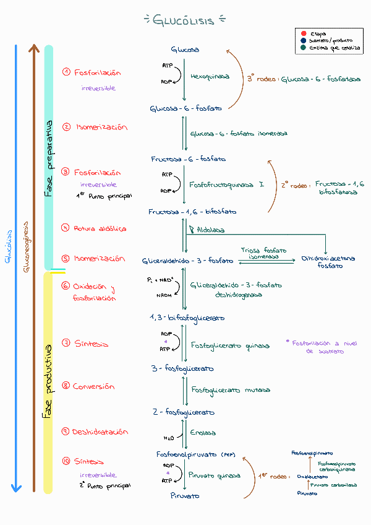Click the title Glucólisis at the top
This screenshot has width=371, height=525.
click(184, 20)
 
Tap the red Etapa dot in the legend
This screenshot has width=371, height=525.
click(303, 33)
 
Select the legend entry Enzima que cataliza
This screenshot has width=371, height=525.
click(336, 48)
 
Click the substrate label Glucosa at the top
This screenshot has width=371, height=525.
click(185, 49)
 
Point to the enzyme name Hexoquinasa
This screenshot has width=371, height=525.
click(210, 77)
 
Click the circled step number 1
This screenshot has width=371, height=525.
click(66, 72)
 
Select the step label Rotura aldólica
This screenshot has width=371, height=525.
click(100, 228)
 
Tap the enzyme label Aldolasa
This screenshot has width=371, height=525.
click(210, 230)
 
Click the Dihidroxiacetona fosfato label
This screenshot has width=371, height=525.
click(328, 262)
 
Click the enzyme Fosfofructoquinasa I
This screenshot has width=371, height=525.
click(226, 184)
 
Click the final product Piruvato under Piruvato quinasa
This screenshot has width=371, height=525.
click(185, 496)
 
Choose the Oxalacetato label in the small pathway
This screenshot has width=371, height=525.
click(312, 477)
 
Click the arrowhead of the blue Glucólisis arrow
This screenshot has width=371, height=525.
click(17, 488)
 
